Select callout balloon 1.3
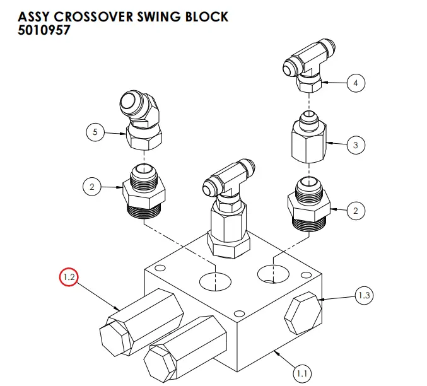click(365, 295)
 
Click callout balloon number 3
click(356, 145)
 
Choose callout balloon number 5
click(95, 132)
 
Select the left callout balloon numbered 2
click(92, 187)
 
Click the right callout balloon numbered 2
click(356, 211)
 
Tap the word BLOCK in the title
click(205, 16)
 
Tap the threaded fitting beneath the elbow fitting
click(144, 192)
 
